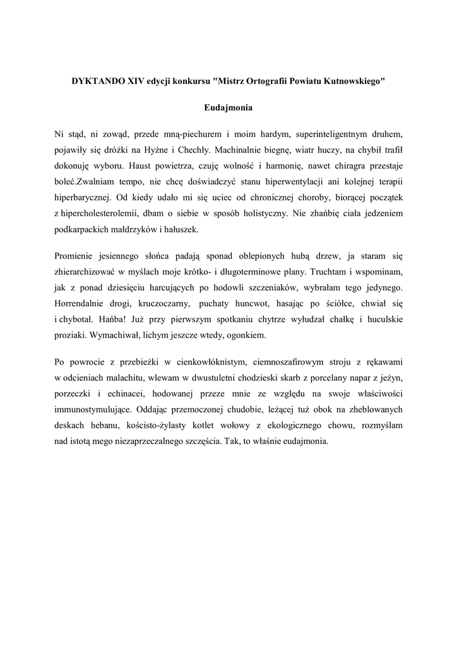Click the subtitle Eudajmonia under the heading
click(x=228, y=108)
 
